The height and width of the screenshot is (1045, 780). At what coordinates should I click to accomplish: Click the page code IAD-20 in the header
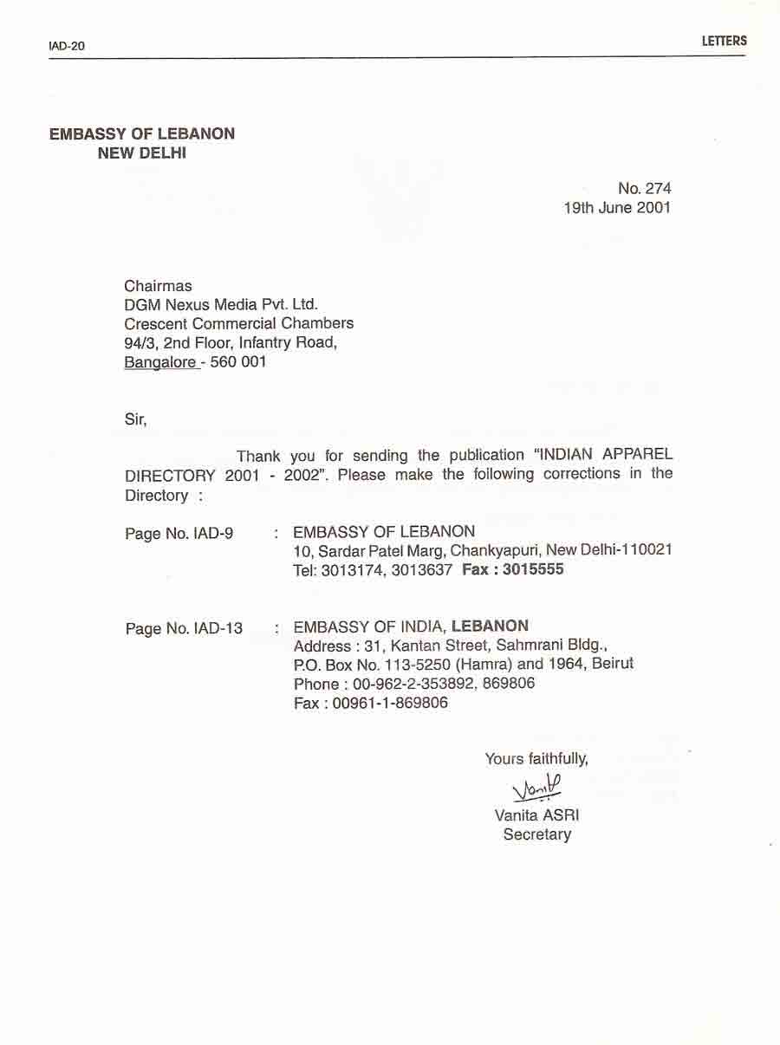pyautogui.click(x=67, y=46)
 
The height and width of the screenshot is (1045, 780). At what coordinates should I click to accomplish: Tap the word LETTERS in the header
pyautogui.click(x=724, y=41)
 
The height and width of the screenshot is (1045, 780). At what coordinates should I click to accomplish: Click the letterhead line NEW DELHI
pyautogui.click(x=142, y=154)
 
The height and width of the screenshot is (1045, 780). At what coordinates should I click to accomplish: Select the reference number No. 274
pyautogui.click(x=644, y=188)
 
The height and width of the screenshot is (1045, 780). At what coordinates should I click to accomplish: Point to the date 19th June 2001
pyautogui.click(x=617, y=208)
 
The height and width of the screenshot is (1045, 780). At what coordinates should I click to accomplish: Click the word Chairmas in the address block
pyautogui.click(x=158, y=286)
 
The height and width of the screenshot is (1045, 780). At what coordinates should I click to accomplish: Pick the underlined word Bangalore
pyautogui.click(x=160, y=362)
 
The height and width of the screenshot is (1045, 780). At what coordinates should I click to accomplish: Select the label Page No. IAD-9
pyautogui.click(x=179, y=534)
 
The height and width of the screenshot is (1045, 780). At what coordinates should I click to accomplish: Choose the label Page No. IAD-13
pyautogui.click(x=184, y=628)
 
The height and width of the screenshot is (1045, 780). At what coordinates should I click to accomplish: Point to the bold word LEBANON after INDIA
pyautogui.click(x=490, y=626)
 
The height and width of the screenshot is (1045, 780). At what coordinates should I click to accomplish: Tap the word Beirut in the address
pyautogui.click(x=613, y=664)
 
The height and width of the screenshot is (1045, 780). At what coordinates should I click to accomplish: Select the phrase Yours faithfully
pyautogui.click(x=536, y=759)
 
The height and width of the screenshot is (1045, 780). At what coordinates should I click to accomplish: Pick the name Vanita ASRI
pyautogui.click(x=536, y=815)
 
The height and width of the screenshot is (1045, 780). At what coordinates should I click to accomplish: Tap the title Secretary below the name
pyautogui.click(x=536, y=834)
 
